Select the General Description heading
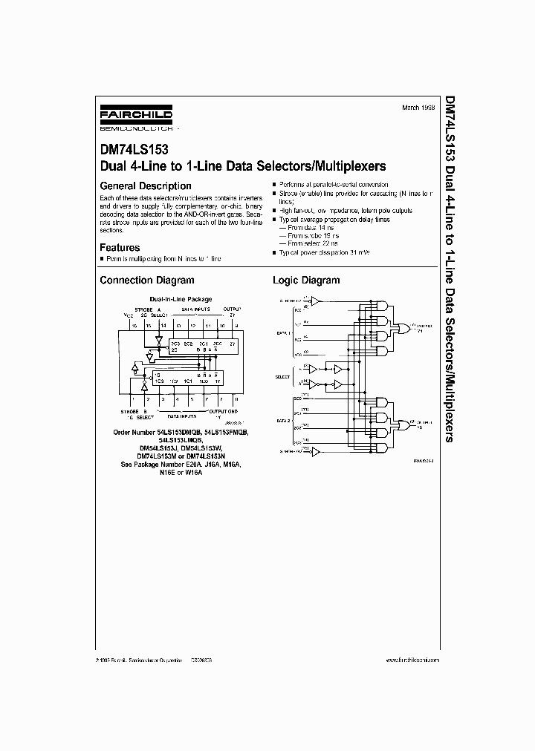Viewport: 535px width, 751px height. click(145, 186)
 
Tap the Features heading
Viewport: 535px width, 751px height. click(120, 247)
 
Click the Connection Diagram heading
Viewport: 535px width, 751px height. click(146, 281)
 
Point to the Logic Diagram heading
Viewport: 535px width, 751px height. click(305, 281)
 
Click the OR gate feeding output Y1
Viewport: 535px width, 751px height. click(404, 327)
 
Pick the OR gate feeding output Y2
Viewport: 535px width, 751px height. click(404, 425)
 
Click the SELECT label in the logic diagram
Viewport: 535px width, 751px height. click(282, 377)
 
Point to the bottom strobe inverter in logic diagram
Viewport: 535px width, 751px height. click(315, 451)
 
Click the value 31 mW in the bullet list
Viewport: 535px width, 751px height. click(357, 253)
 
